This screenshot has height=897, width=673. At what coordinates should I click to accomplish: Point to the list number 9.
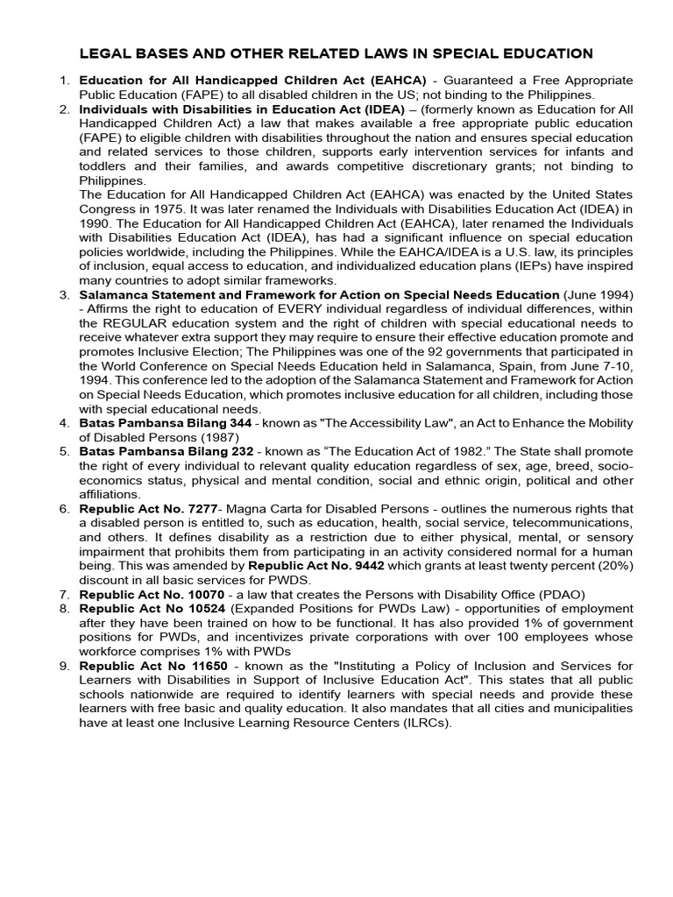click(x=64, y=664)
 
